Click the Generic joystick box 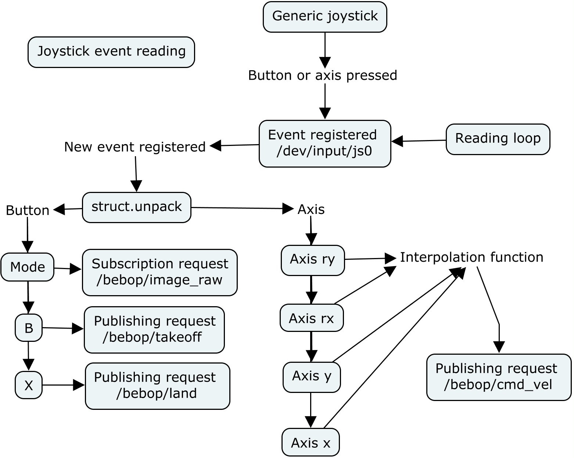tap(325, 17)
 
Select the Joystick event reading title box tap(111, 52)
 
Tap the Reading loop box tap(498, 139)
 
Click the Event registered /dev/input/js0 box tap(325, 143)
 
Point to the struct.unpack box tap(136, 207)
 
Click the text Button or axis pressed tap(323, 75)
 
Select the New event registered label tap(135, 147)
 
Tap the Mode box tap(28, 267)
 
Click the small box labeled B tap(29, 328)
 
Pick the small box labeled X tap(29, 385)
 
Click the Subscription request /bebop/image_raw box tap(159, 272)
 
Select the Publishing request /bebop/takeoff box tap(154, 330)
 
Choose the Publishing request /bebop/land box tap(157, 386)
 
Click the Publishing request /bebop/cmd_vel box tap(499, 377)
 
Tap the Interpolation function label tap(471, 257)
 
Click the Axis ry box tap(313, 260)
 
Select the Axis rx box tap(312, 318)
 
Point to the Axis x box tap(311, 443)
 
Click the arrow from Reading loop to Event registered tap(419, 141)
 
